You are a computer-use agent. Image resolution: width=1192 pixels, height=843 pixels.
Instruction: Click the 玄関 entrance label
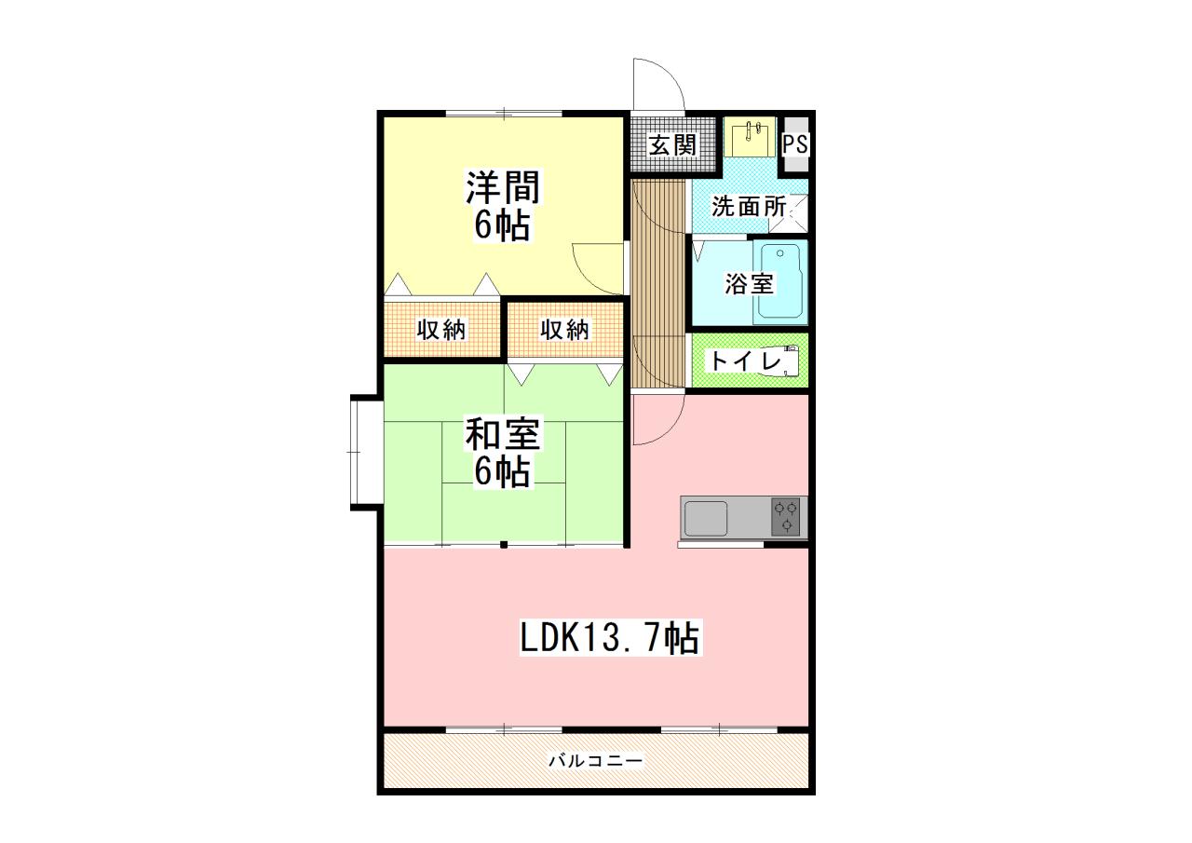[672, 144]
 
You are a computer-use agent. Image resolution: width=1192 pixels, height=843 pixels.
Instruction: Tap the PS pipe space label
[795, 143]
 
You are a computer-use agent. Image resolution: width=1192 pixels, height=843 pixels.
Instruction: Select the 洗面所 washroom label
[749, 207]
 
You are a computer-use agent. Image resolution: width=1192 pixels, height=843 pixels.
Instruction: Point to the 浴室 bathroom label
[749, 284]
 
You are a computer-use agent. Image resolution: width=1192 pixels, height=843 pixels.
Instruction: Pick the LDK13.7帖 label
[610, 637]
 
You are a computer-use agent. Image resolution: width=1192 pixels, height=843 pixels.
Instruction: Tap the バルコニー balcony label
[595, 760]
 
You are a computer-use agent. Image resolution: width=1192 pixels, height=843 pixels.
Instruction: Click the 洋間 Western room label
[503, 186]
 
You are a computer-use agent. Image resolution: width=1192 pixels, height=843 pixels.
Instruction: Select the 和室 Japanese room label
[503, 433]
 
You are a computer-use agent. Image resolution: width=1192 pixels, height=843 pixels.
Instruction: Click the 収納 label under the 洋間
[441, 330]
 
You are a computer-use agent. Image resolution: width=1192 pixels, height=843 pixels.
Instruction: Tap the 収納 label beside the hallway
[564, 330]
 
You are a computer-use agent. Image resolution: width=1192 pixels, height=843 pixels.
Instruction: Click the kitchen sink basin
[706, 518]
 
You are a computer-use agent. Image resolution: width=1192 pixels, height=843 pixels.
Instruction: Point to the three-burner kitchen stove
[786, 517]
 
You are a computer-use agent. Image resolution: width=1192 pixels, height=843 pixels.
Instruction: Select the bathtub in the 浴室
[780, 281]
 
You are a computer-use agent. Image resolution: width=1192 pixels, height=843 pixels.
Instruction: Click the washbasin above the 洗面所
[751, 137]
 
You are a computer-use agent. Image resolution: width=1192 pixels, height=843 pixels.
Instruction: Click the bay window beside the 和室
[367, 453]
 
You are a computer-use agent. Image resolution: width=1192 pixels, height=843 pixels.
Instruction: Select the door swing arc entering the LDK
[670, 429]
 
